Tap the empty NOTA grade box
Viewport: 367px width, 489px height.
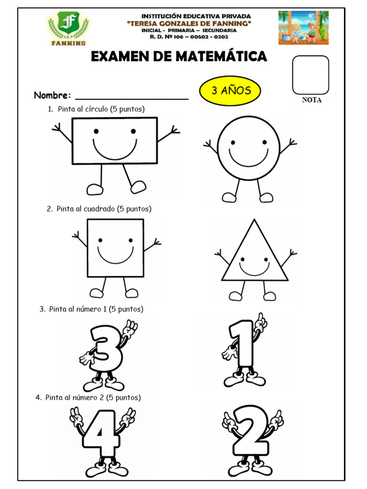(x=311, y=75)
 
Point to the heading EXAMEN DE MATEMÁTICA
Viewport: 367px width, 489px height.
(x=179, y=57)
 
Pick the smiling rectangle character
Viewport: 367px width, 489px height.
(x=115, y=141)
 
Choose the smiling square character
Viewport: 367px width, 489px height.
(x=115, y=248)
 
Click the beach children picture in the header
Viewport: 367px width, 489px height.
(x=303, y=28)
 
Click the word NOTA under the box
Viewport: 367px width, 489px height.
(x=312, y=100)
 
